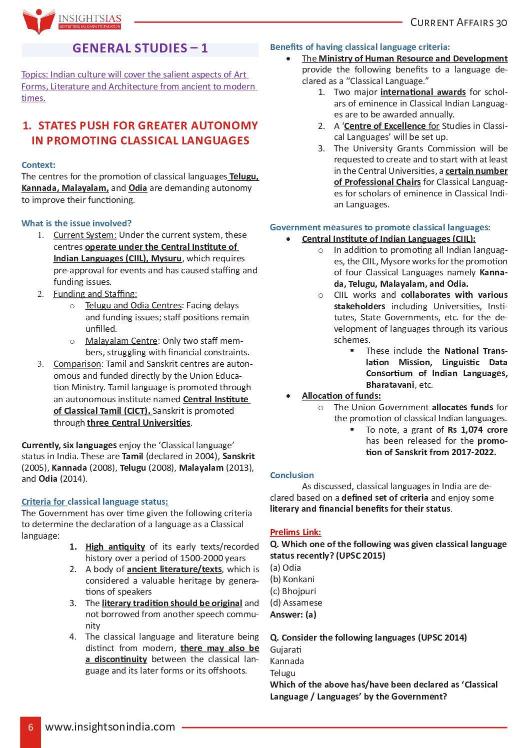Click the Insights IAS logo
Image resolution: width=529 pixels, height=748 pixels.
71,21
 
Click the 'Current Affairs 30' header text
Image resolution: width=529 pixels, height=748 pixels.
458,22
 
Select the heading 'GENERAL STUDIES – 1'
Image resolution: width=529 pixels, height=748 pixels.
140,48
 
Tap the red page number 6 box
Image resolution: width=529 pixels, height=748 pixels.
30,727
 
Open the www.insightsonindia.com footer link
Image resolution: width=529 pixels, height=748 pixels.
110,727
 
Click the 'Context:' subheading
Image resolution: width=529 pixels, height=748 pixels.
38,165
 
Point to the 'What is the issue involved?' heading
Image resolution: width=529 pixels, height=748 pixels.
76,223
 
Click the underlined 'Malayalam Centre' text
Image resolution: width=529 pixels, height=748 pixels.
121,341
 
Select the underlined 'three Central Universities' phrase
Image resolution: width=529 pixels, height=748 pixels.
138,423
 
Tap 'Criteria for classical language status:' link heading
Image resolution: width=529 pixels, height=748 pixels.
94,502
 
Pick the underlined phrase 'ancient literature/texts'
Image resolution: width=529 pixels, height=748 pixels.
174,569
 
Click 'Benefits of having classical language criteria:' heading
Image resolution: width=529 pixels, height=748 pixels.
359,47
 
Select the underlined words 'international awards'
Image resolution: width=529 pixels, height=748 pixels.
423,92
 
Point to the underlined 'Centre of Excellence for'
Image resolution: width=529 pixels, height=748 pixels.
391,126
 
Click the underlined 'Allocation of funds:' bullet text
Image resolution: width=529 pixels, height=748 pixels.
341,396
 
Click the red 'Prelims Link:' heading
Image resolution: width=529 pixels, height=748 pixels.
295,532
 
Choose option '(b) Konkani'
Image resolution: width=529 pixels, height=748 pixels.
292,579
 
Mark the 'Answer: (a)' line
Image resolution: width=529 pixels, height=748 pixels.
293,615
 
